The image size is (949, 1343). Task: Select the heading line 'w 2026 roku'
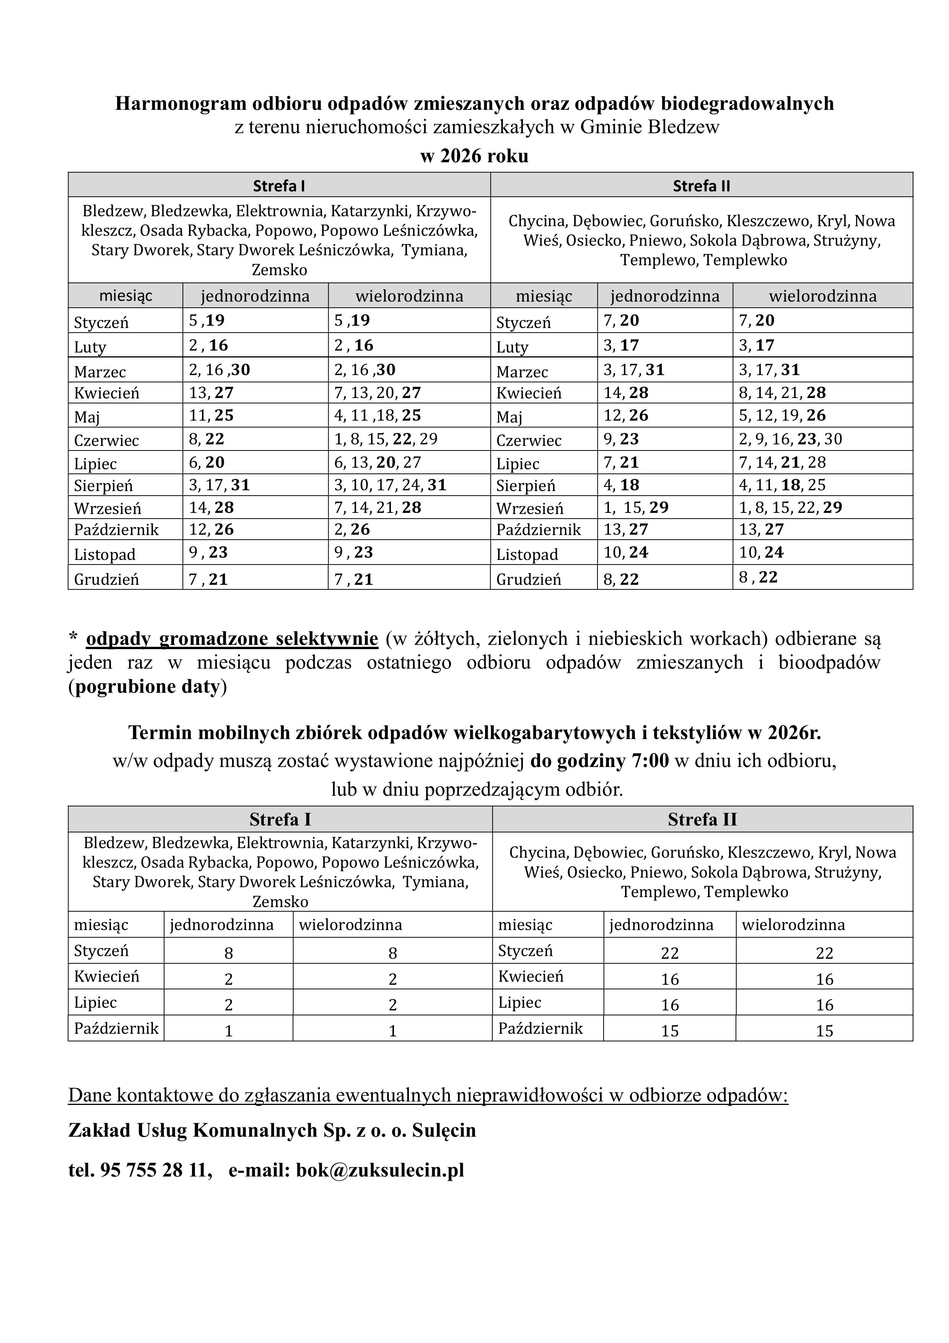474,156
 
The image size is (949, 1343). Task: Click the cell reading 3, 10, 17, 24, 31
390,485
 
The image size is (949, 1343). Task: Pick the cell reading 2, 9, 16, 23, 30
790,439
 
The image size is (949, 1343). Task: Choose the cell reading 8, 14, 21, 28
782,392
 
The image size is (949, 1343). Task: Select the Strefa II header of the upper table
701,186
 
